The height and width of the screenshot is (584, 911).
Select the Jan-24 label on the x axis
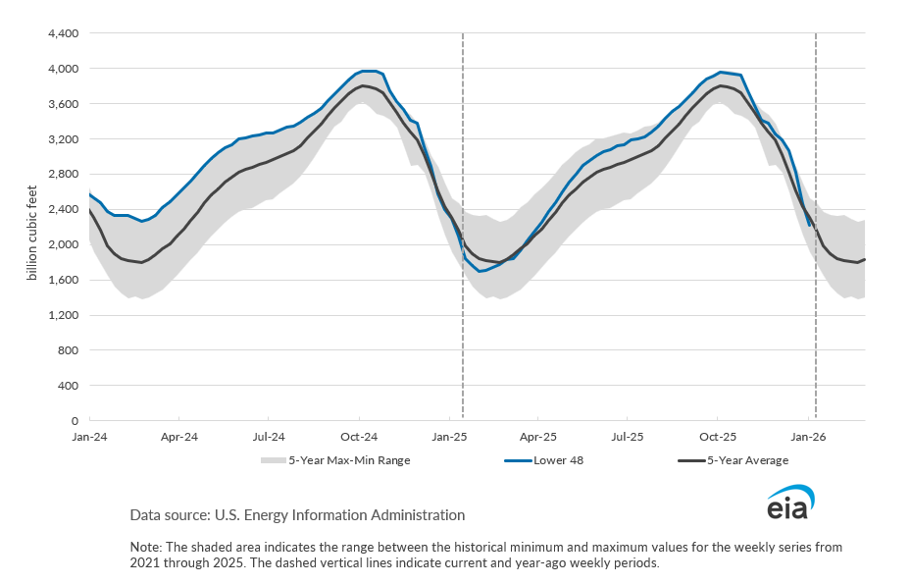pos(89,435)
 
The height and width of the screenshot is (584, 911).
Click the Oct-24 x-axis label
pos(359,435)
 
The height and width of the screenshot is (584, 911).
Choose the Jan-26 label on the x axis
pos(807,435)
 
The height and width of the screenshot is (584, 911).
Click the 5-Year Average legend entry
pos(746,459)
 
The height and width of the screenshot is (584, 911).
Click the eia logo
pos(790,504)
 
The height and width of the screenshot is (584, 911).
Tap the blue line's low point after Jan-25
pos(481,271)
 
